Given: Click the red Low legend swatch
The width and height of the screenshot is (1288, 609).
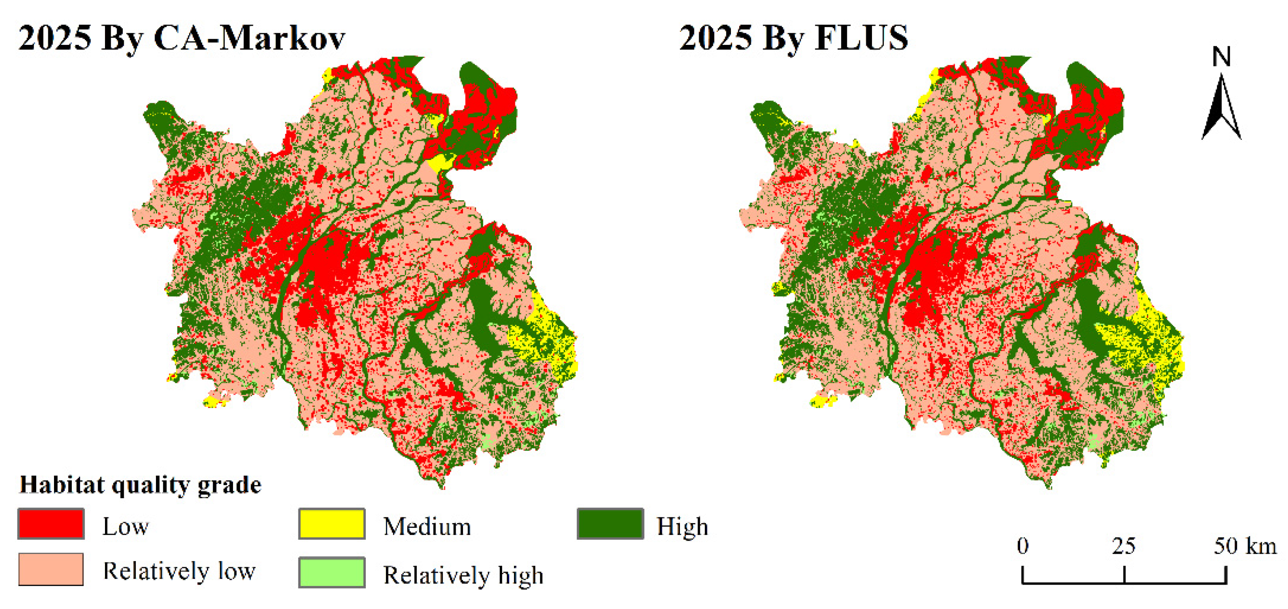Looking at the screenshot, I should coord(51,524).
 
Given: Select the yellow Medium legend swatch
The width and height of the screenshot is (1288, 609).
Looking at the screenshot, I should coord(331,524).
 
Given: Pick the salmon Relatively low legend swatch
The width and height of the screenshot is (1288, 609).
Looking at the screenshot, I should coord(51,569).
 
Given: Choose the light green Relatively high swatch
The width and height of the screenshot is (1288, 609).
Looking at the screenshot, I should coord(331,572).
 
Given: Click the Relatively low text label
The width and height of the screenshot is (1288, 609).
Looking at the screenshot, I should coord(179,571).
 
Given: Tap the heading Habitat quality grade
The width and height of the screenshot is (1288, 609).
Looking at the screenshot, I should coord(140,484).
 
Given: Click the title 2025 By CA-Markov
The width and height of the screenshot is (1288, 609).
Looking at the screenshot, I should coord(181,38).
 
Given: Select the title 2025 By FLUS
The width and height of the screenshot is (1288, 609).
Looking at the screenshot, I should coord(793,38).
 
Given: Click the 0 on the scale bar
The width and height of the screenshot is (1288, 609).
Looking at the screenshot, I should coord(1023,545).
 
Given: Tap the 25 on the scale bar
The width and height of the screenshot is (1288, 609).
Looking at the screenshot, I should coord(1124,545).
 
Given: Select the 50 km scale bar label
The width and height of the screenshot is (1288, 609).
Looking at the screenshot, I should coord(1245,545).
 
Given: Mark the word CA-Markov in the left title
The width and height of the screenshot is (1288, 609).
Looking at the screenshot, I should coord(249,38).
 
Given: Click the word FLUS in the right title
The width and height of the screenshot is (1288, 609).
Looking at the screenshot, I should coord(861,38).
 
